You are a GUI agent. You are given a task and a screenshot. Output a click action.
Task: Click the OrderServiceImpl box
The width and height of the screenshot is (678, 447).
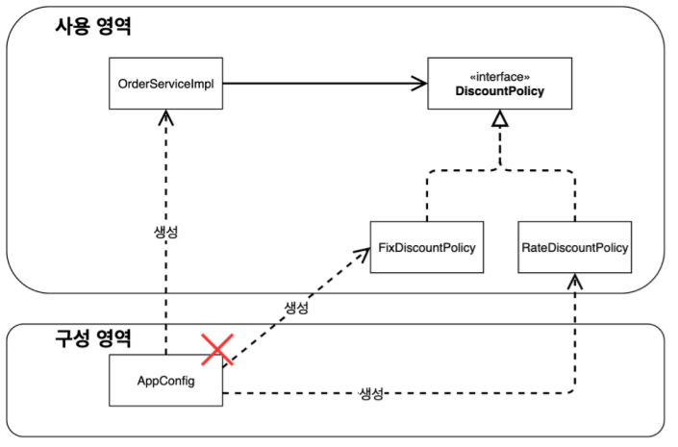click(165, 84)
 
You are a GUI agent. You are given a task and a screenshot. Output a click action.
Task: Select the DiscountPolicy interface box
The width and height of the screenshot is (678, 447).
click(499, 84)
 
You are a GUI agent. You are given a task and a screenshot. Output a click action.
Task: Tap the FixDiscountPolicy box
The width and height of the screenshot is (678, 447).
click(427, 248)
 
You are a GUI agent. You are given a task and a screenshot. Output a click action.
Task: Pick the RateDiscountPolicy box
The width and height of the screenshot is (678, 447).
click(575, 248)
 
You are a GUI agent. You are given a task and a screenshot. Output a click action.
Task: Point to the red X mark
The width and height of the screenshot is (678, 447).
click(218, 349)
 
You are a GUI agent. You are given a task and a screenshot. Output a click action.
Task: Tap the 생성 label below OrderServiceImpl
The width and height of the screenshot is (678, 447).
click(166, 233)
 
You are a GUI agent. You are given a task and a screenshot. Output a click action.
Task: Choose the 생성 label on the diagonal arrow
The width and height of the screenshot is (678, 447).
click(295, 308)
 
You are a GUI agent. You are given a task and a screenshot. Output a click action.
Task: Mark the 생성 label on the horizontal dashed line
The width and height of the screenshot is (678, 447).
click(372, 393)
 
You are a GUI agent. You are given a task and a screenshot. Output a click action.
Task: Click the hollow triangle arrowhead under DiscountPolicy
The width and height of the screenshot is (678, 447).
click(498, 119)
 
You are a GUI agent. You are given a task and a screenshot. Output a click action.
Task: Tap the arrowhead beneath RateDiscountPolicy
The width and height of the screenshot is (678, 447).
click(575, 281)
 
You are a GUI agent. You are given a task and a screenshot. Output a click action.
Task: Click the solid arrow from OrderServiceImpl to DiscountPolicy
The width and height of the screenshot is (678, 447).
click(322, 84)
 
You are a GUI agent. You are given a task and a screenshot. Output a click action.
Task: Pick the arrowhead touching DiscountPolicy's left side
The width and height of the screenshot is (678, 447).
click(419, 84)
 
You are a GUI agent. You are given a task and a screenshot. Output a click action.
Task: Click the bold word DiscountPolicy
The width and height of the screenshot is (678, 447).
click(499, 91)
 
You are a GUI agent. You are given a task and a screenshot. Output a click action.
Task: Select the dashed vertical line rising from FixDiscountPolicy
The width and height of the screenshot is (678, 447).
click(427, 197)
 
